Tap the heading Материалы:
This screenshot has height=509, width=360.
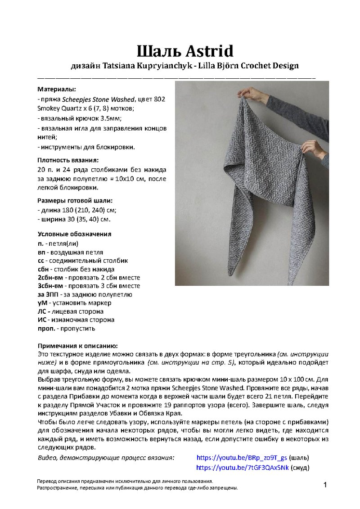click(56, 90)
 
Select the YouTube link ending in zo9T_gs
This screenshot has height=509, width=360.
click(242, 458)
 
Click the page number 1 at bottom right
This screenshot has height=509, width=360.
click(324, 484)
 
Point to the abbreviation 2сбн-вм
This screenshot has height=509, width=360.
click(50, 277)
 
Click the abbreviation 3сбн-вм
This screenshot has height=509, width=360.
click(50, 286)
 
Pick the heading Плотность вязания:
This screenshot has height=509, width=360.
click(67, 160)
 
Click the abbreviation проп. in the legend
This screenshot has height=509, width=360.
click(46, 329)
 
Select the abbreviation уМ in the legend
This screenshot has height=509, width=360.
click(42, 303)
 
